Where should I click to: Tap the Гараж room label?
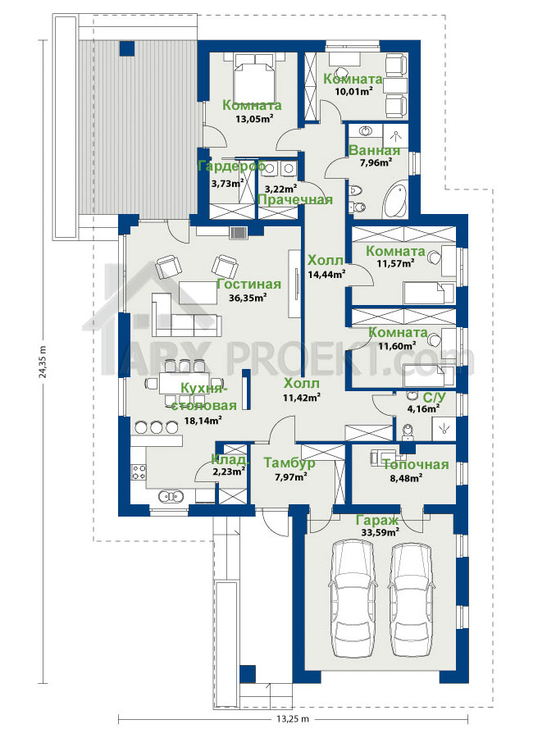pos(377,520)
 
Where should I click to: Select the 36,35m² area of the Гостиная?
pos(248,298)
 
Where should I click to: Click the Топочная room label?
pos(416,465)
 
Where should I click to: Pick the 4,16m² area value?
pos(423,407)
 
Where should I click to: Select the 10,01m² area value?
pos(353,92)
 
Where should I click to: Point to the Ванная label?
pos(374,150)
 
